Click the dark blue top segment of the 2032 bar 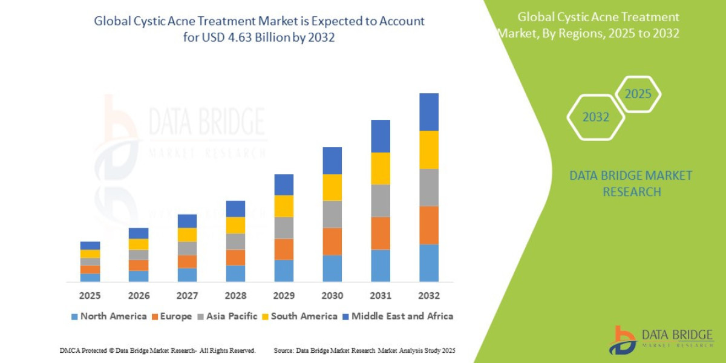pos(428,112)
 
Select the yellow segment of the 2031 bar pos(380,168)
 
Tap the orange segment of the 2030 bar pos(332,241)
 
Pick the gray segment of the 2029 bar pos(284,227)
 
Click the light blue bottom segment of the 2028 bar pos(235,273)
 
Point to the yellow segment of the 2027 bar pos(187,235)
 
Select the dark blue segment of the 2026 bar pos(139,233)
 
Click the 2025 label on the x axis pos(90,296)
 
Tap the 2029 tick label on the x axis pos(284,296)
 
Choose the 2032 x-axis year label pos(428,296)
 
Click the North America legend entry pos(109,316)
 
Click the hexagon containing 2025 pos(638,94)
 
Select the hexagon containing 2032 pos(595,117)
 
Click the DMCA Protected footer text pos(157,350)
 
